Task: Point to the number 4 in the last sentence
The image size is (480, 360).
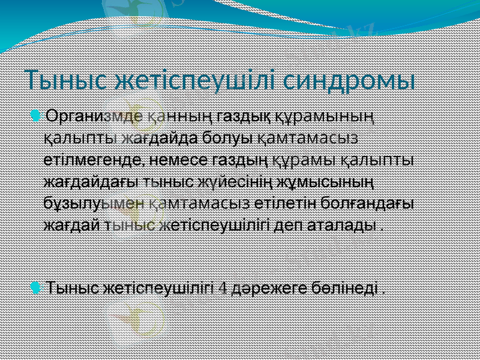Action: [221, 289]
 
